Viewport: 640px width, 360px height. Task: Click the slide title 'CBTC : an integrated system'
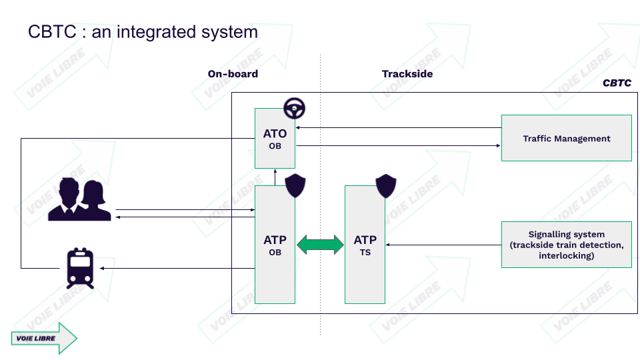pos(143,31)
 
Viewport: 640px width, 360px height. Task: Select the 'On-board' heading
pos(233,74)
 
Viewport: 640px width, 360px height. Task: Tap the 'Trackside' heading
pos(407,74)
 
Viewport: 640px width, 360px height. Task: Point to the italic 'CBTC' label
pos(617,84)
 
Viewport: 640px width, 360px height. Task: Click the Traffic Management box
pos(566,138)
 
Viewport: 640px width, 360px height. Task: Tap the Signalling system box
pos(566,245)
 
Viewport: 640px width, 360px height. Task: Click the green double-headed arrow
pos(320,245)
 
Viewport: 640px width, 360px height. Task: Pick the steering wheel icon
pos(294,108)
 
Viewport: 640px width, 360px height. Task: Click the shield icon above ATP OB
pos(295,186)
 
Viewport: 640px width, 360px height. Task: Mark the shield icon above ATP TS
pos(385,186)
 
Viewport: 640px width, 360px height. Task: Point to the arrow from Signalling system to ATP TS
pos(443,245)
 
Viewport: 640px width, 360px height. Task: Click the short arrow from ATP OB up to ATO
pos(275,177)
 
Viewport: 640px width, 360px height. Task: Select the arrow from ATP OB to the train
pos(177,268)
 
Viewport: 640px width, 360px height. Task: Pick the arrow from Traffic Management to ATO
pos(398,127)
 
